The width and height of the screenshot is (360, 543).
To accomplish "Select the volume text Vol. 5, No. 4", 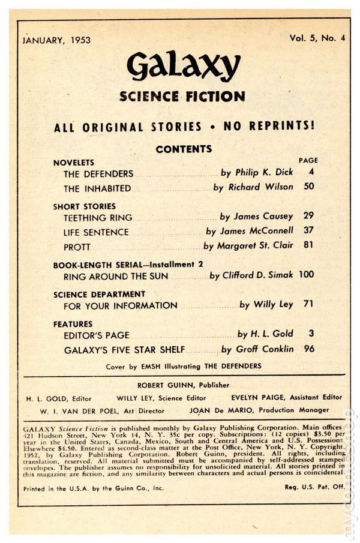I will coord(317,37).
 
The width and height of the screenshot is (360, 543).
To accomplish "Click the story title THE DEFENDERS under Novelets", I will coord(98,173).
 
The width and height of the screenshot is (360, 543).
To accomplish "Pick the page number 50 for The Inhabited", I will coord(308,187).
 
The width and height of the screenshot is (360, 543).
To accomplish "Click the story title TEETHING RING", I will coord(98,218).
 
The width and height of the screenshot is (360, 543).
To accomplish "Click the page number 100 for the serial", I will coord(306,275).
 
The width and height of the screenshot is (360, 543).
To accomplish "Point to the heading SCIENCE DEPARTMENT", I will coord(99,294).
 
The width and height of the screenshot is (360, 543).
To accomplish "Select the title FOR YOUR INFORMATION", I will coord(120,305).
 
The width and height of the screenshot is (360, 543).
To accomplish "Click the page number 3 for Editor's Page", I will coord(311,334).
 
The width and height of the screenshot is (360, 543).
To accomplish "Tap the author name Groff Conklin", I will coord(263,349).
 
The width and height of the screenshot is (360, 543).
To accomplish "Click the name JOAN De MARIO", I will coord(218,411).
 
